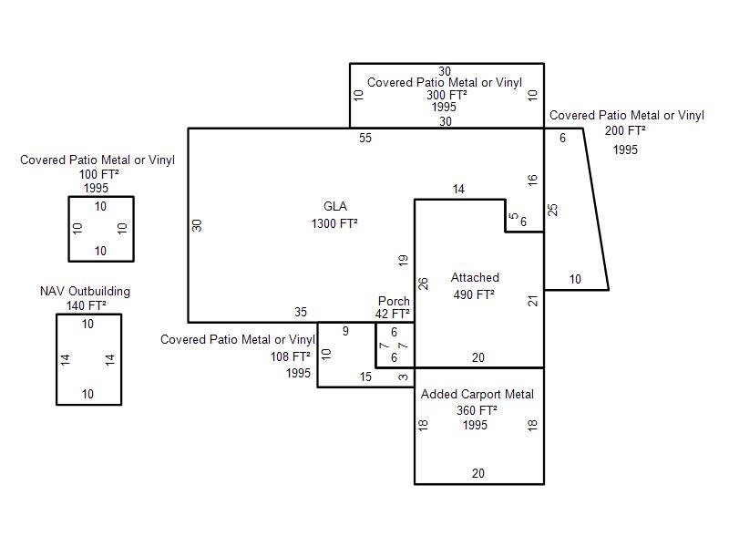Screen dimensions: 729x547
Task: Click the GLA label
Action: (x=334, y=207)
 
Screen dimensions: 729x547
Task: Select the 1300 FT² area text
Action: (x=334, y=223)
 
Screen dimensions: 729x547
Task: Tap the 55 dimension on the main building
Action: (x=365, y=139)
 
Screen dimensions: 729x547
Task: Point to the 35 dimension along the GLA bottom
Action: (x=301, y=312)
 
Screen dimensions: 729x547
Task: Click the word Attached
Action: (x=475, y=278)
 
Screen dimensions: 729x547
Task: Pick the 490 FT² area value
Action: (x=474, y=294)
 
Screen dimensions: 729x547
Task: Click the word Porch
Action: (x=394, y=301)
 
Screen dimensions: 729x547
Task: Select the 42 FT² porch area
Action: (x=393, y=314)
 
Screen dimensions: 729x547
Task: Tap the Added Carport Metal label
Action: (x=477, y=395)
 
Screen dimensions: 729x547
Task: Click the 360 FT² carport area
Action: (x=477, y=410)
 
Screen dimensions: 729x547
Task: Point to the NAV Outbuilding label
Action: (x=85, y=292)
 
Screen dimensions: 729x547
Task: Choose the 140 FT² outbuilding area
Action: (x=86, y=305)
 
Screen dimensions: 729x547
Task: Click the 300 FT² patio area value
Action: (x=447, y=96)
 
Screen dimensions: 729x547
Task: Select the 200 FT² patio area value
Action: (x=625, y=130)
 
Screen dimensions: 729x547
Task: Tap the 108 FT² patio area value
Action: (x=290, y=356)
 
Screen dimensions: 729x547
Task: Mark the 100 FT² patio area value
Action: (x=98, y=174)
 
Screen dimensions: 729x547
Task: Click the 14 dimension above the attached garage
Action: (x=458, y=190)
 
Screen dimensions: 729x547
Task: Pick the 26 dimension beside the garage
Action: (x=423, y=284)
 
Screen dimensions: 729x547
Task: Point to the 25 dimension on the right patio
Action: (x=552, y=211)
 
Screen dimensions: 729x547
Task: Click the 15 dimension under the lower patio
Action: (x=365, y=377)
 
